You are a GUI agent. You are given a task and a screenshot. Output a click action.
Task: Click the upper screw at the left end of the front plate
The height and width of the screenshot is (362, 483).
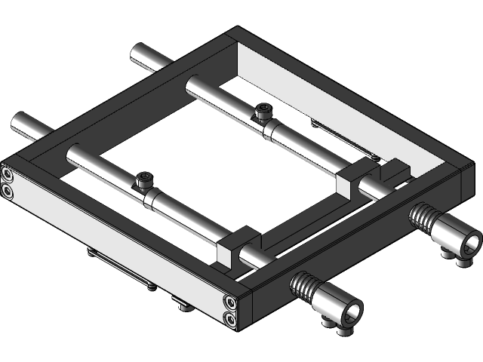[x=8, y=176]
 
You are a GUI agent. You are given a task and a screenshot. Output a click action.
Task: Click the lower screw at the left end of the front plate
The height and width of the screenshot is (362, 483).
[x=8, y=192]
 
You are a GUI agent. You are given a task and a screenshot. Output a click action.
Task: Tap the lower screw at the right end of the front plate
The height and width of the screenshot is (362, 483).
[x=229, y=321]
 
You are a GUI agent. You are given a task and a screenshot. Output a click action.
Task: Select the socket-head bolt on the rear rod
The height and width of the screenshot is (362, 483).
[x=263, y=112]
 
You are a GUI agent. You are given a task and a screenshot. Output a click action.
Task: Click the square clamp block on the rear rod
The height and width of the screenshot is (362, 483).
[x=350, y=183]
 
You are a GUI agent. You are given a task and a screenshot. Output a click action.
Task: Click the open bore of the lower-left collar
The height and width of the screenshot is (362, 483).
[x=350, y=310]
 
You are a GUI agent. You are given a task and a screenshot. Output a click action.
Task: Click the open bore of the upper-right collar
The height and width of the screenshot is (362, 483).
[x=469, y=244]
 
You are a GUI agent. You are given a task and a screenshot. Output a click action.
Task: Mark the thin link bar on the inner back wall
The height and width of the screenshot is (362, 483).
[x=340, y=140]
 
